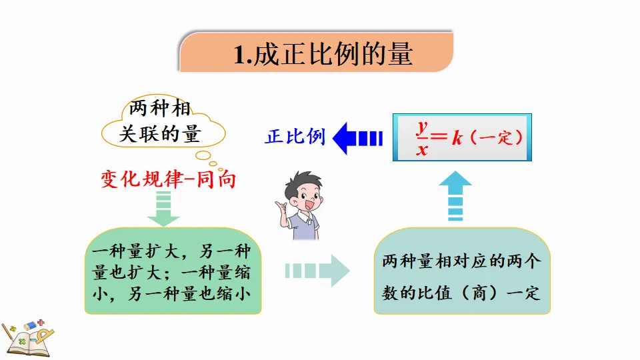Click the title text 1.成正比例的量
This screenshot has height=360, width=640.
pyautogui.click(x=323, y=53)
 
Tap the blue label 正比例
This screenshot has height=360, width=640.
pyautogui.click(x=295, y=137)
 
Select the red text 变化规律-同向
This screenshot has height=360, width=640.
pyautogui.click(x=168, y=179)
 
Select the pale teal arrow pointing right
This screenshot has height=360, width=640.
pyautogui.click(x=317, y=271)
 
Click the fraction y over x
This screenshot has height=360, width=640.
pyautogui.click(x=422, y=138)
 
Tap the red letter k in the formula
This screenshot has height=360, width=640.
pyautogui.click(x=457, y=138)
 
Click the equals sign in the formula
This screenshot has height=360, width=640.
pyautogui.click(x=440, y=138)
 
